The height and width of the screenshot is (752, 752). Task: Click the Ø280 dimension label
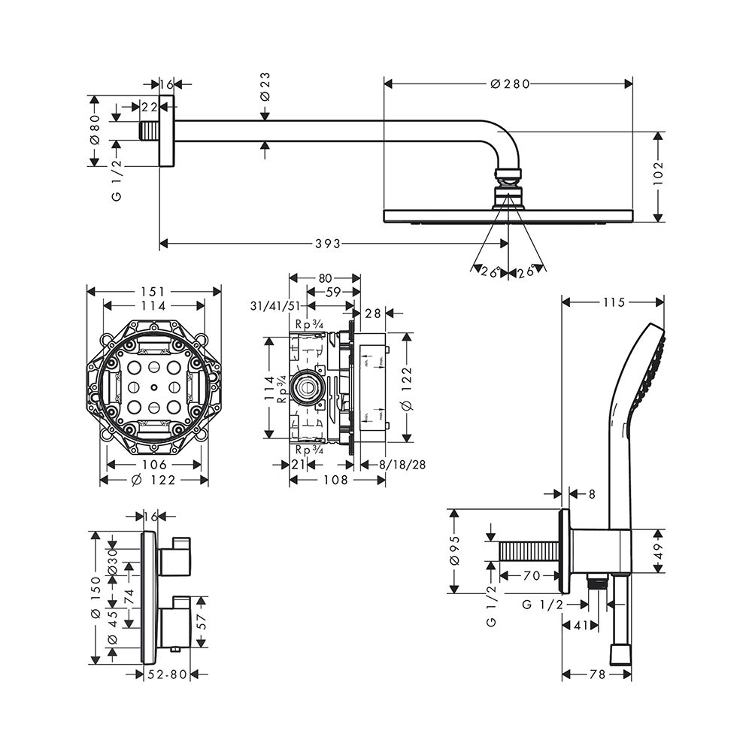click(x=510, y=84)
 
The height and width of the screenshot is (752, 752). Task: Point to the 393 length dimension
click(x=328, y=243)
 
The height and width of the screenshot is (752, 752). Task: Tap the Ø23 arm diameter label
click(x=265, y=88)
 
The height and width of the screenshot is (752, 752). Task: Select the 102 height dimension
click(x=659, y=174)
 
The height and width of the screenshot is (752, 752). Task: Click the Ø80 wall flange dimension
click(x=95, y=132)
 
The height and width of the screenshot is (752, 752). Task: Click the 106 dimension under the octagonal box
click(x=153, y=465)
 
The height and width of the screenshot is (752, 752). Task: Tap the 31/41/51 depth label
click(x=275, y=306)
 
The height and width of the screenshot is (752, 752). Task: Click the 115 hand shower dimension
click(x=614, y=302)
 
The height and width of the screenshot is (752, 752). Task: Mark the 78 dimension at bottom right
click(x=597, y=675)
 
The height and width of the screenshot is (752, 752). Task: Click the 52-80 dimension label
click(x=167, y=675)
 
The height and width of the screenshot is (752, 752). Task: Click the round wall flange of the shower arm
click(x=167, y=132)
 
